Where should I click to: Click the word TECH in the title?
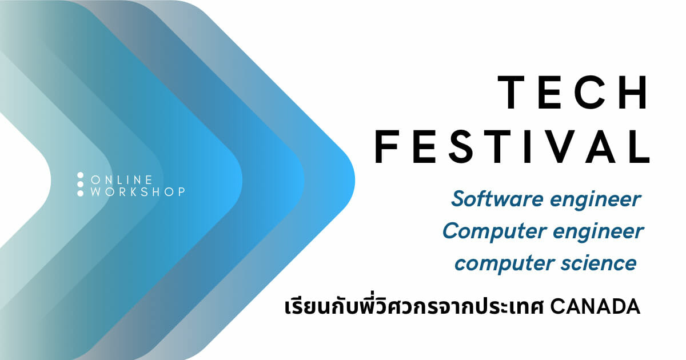pos(573,93)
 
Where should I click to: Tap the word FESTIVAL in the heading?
pos(512,146)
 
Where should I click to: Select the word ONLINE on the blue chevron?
pos(122,179)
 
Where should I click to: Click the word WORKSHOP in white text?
pos(138,192)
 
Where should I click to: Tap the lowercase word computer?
pos(505,264)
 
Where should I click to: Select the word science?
pos(599,263)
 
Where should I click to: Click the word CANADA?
pos(595,307)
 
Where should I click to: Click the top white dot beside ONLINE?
pos(80,175)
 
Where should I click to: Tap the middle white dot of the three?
pos(80,184)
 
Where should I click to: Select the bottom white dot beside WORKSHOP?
pos(80,194)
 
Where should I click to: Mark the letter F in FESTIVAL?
pos(386,146)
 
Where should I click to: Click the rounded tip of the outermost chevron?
pos(354,181)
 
